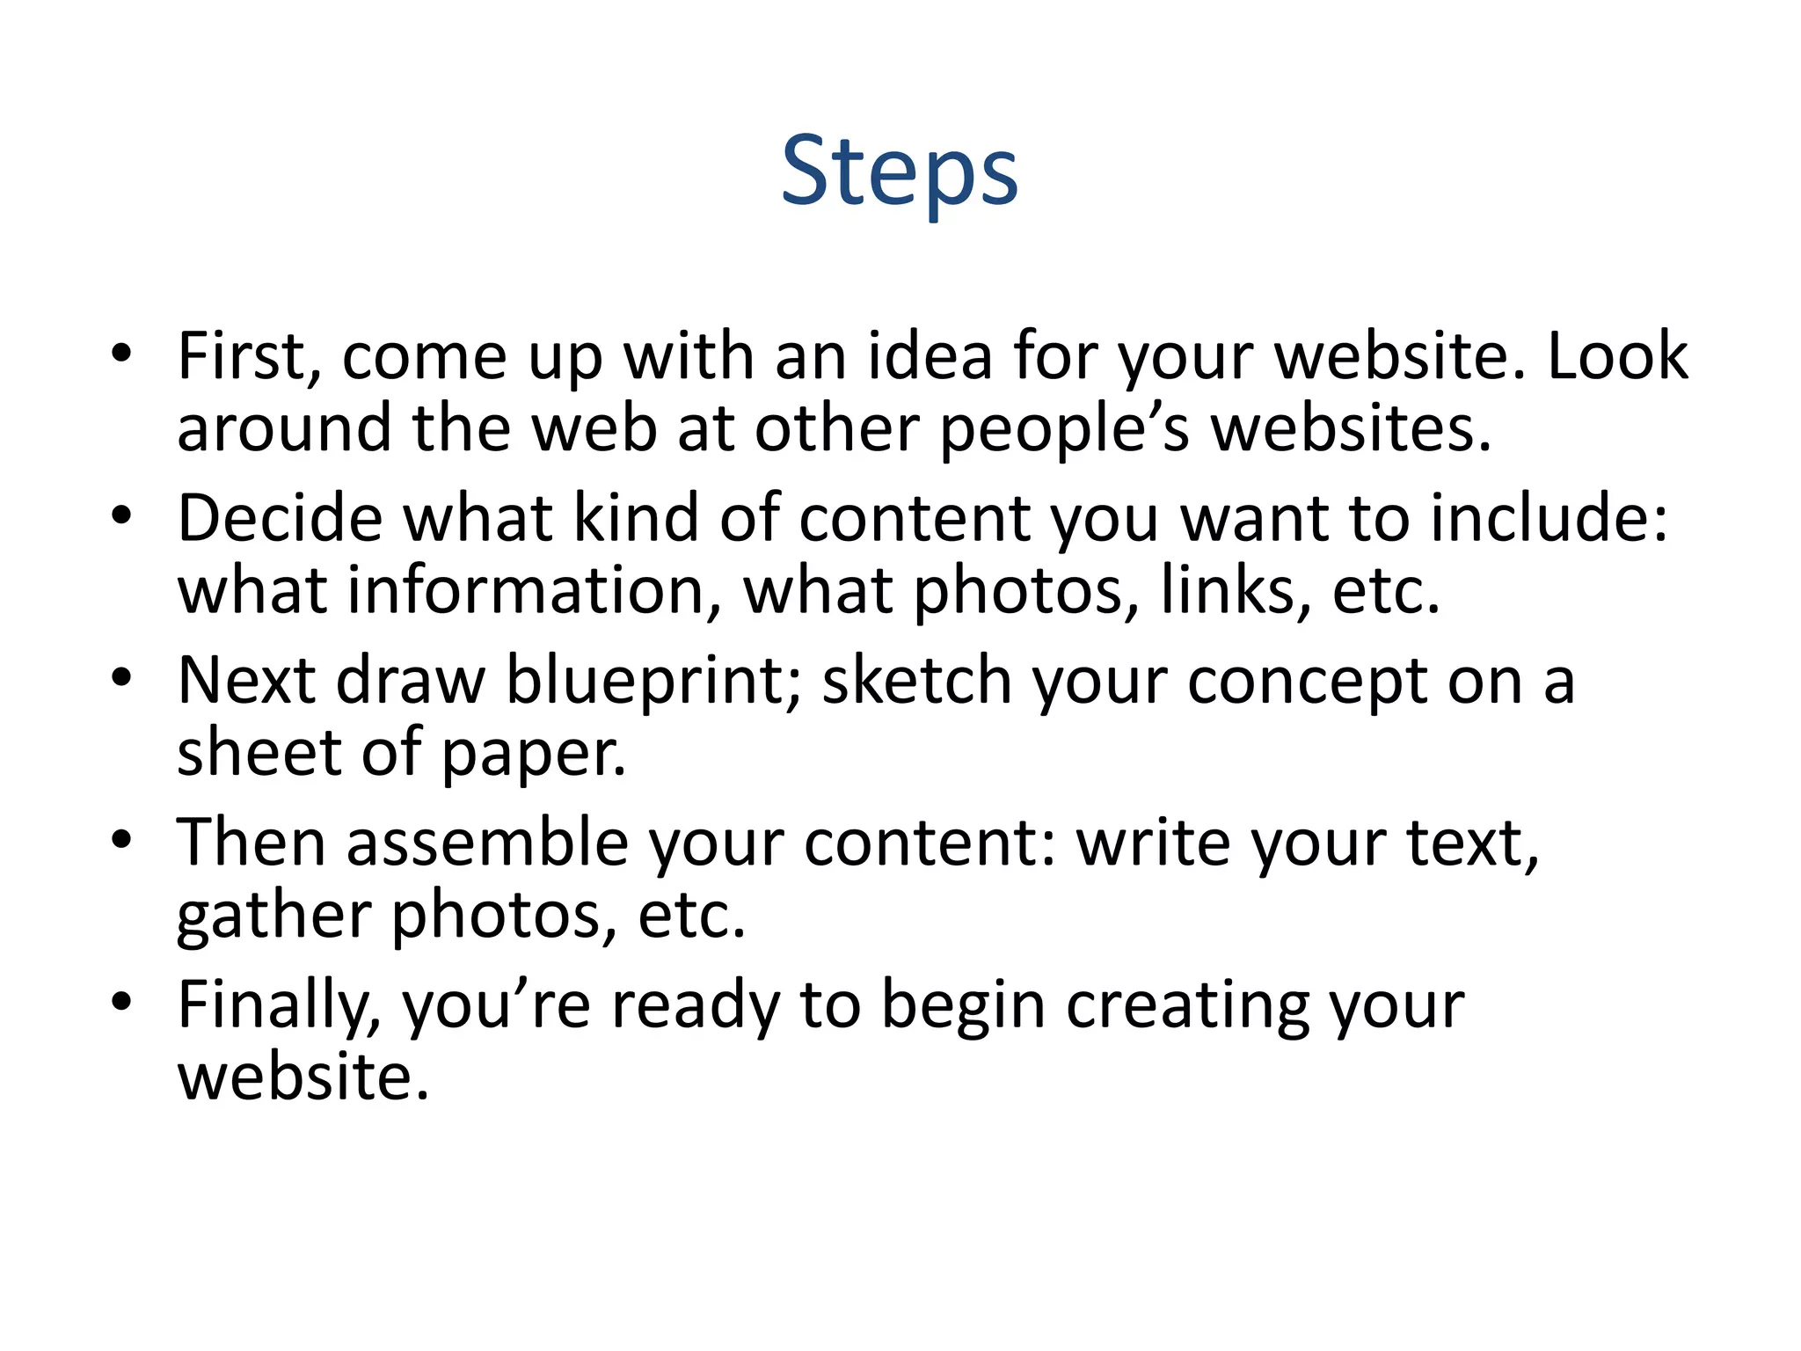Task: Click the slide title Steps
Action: point(899,171)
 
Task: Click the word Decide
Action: point(280,518)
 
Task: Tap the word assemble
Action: point(487,843)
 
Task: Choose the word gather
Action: point(273,916)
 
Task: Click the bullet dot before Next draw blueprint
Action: point(121,677)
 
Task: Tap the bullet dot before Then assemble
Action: point(121,839)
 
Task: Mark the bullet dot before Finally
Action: point(121,1001)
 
